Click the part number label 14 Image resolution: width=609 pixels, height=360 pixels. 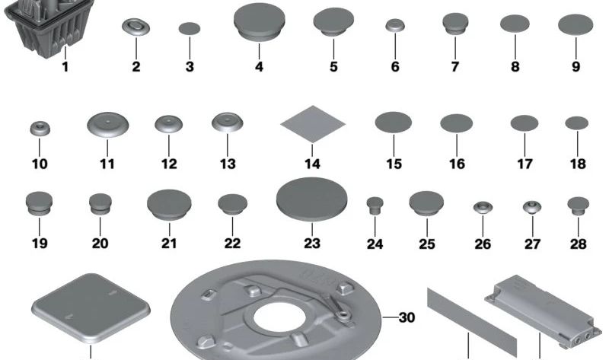click(312, 164)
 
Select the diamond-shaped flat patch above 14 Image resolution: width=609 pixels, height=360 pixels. click(313, 124)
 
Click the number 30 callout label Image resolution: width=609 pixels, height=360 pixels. click(407, 317)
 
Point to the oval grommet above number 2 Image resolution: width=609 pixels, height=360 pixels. click(136, 27)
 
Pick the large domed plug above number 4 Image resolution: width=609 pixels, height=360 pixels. click(259, 22)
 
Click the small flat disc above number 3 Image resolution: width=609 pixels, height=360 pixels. click(190, 28)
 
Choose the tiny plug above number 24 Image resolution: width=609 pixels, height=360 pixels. click(375, 205)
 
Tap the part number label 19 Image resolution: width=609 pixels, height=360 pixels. click(40, 244)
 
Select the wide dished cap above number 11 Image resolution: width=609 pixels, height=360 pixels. click(107, 125)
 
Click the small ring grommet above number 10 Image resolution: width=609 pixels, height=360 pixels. click(40, 129)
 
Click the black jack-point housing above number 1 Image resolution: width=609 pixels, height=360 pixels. click(49, 27)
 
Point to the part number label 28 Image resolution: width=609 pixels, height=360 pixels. click(578, 244)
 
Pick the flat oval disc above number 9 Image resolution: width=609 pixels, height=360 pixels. click(576, 24)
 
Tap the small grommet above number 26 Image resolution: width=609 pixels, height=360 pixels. click(483, 208)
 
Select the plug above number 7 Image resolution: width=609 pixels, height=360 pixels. click(455, 24)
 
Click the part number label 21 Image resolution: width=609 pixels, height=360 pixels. click(169, 244)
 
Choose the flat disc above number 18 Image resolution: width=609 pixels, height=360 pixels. click(577, 123)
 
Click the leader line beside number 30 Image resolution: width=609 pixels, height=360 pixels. click(390, 317)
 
